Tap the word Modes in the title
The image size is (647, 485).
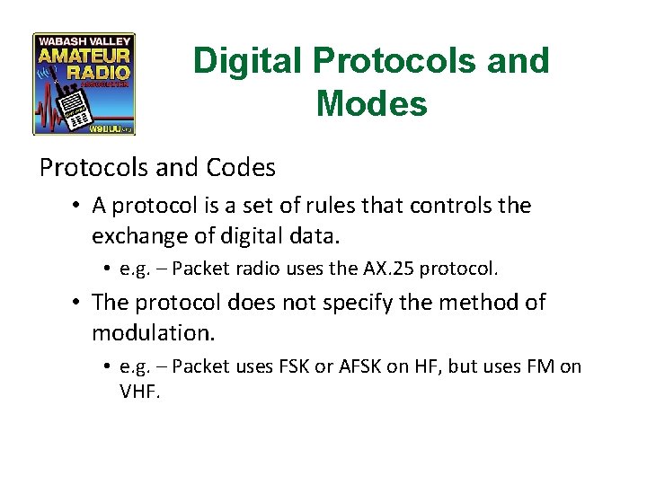[x=371, y=104]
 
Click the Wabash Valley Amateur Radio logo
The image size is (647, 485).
[x=84, y=84]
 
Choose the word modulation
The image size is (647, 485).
[x=152, y=332]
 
